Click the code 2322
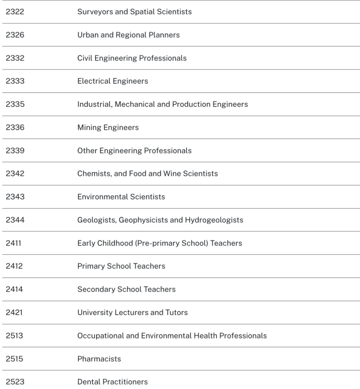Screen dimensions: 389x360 [x=15, y=12]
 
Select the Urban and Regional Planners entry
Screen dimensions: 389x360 [x=128, y=35]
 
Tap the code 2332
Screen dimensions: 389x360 [x=15, y=58]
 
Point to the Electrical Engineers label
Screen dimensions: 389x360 [x=112, y=81]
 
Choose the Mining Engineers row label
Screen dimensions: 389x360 [x=108, y=127]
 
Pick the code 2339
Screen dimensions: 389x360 [x=15, y=151]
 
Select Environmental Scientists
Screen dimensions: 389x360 [x=121, y=197]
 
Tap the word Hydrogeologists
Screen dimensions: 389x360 [x=214, y=220]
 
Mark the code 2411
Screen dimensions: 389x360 [x=14, y=243]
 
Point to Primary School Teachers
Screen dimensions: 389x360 [x=121, y=266]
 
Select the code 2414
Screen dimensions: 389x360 [x=14, y=289]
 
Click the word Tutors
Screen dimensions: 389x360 [x=176, y=312]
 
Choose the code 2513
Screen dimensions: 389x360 [x=15, y=336]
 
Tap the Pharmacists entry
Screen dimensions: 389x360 [x=99, y=359]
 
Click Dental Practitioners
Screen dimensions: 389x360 [x=112, y=382]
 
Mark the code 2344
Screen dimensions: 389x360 [x=15, y=220]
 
